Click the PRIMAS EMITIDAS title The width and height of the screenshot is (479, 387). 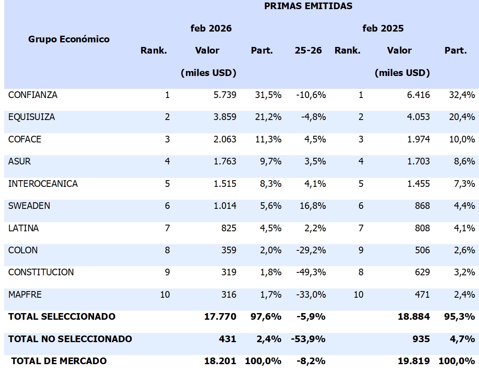pyautogui.click(x=308, y=6)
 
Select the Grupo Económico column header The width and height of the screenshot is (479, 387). pyautogui.click(x=69, y=39)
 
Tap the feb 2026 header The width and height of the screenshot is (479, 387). pyautogui.click(x=211, y=29)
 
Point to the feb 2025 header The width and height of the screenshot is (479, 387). pyautogui.click(x=383, y=29)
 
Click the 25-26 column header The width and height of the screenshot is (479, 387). pyautogui.click(x=308, y=51)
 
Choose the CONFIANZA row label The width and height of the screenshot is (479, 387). pyautogui.click(x=33, y=95)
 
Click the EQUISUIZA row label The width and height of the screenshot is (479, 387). pyautogui.click(x=32, y=117)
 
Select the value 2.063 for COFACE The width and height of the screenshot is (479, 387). pyautogui.click(x=225, y=140)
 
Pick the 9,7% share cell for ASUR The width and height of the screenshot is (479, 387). pyautogui.click(x=268, y=162)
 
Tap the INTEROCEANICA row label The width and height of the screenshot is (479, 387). pyautogui.click(x=43, y=184)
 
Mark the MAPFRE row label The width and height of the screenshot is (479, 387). pyautogui.click(x=25, y=295)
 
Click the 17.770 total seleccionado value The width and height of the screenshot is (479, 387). pyautogui.click(x=220, y=317)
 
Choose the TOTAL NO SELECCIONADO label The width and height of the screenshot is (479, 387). pyautogui.click(x=70, y=339)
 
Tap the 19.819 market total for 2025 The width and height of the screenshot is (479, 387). pyautogui.click(x=414, y=361)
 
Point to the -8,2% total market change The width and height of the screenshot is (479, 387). pyautogui.click(x=312, y=361)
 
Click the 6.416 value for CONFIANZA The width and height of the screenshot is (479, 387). pyautogui.click(x=418, y=95)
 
